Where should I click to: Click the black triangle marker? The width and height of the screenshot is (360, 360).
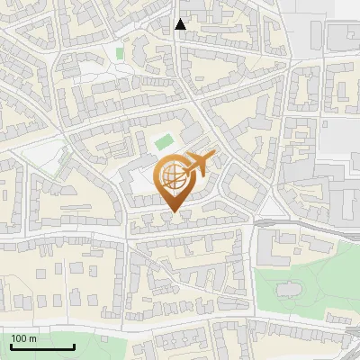pyautogui.click(x=180, y=24)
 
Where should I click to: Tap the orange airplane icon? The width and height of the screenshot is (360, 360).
pyautogui.click(x=199, y=165)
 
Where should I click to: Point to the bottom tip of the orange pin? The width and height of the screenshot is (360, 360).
pyautogui.click(x=174, y=212)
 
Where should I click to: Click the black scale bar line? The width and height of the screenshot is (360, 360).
pyautogui.click(x=42, y=346)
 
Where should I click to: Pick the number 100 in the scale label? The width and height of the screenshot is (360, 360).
pyautogui.click(x=19, y=338)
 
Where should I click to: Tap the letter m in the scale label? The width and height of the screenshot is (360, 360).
pyautogui.click(x=32, y=338)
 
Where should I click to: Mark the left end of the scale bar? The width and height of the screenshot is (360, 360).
pyautogui.click(x=11, y=346)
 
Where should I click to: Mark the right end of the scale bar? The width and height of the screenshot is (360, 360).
pyautogui.click(x=74, y=346)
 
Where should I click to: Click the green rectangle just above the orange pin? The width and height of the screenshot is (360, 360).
pyautogui.click(x=163, y=141)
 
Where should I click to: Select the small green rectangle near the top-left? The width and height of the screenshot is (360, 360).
pyautogui.click(x=119, y=53)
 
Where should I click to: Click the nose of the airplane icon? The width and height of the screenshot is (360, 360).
pyautogui.click(x=214, y=158)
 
